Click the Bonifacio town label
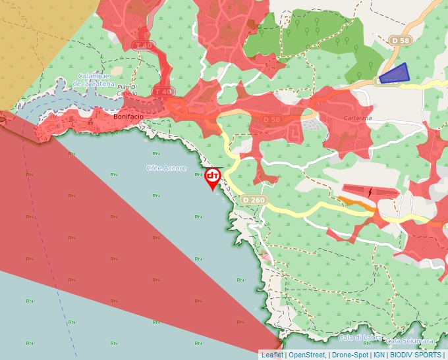tap(128, 116)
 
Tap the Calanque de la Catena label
tap(93, 80)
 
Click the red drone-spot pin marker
tap(213, 178)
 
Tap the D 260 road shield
tap(253, 199)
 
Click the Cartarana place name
tap(359, 118)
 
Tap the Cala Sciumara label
tap(410, 341)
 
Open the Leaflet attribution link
tap(272, 355)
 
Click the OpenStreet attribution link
tap(307, 355)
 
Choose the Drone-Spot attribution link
tap(350, 355)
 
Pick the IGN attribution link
tap(379, 355)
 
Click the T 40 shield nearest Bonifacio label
tap(163, 91)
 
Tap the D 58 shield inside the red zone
tap(271, 120)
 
